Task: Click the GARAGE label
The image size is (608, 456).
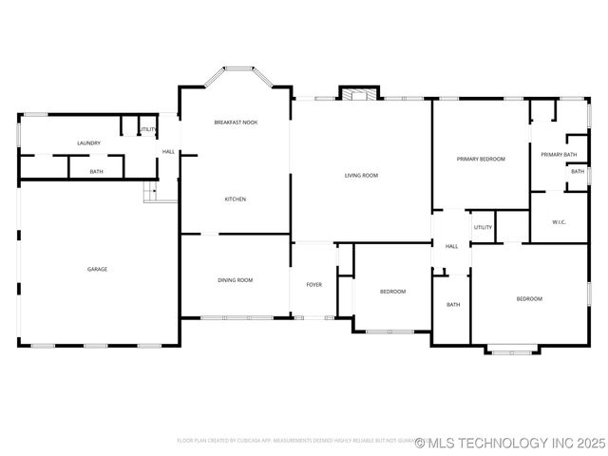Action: (97, 269)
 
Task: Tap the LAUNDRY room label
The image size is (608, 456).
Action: (89, 143)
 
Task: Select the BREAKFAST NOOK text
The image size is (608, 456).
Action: (236, 123)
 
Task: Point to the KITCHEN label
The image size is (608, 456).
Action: (235, 199)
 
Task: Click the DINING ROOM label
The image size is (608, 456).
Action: (236, 279)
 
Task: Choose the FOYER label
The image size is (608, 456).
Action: (313, 285)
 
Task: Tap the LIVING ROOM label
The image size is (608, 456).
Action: (361, 176)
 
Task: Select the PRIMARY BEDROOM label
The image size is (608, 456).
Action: (481, 159)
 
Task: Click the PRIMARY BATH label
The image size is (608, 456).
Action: (559, 154)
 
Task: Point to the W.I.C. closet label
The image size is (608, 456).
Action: (560, 222)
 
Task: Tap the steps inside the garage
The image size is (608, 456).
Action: (150, 192)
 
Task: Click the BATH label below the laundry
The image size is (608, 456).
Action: (97, 171)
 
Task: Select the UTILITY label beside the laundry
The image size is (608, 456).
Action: (148, 129)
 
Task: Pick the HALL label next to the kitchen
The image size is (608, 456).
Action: (168, 151)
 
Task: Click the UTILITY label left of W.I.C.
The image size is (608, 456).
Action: (483, 228)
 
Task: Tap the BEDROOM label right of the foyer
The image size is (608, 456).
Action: (393, 291)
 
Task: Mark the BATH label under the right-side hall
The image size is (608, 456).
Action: (453, 305)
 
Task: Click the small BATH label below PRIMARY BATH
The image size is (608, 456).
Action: (578, 171)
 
